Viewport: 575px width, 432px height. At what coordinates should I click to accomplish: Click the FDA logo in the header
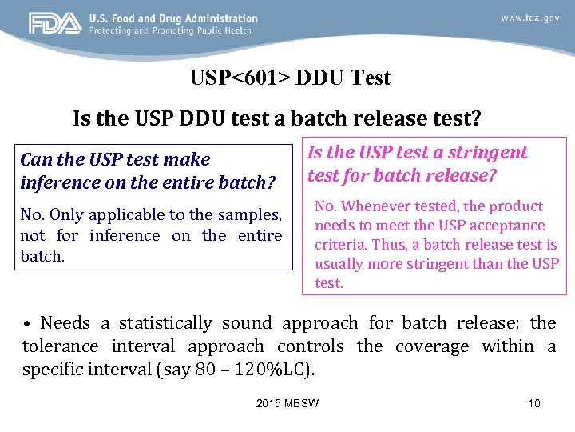(x=55, y=24)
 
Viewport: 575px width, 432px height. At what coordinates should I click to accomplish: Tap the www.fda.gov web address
(x=529, y=18)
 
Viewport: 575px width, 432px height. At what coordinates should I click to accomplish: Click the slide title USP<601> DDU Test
(x=290, y=78)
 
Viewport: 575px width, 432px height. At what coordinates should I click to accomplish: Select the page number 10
(x=534, y=403)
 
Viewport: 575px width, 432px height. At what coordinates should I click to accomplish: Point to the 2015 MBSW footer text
(x=287, y=403)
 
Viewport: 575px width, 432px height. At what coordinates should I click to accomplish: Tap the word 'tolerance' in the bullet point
(x=61, y=346)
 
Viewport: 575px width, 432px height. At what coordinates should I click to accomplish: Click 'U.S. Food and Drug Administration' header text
(x=173, y=18)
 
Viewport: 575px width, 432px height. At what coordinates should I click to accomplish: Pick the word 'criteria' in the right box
(x=340, y=245)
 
